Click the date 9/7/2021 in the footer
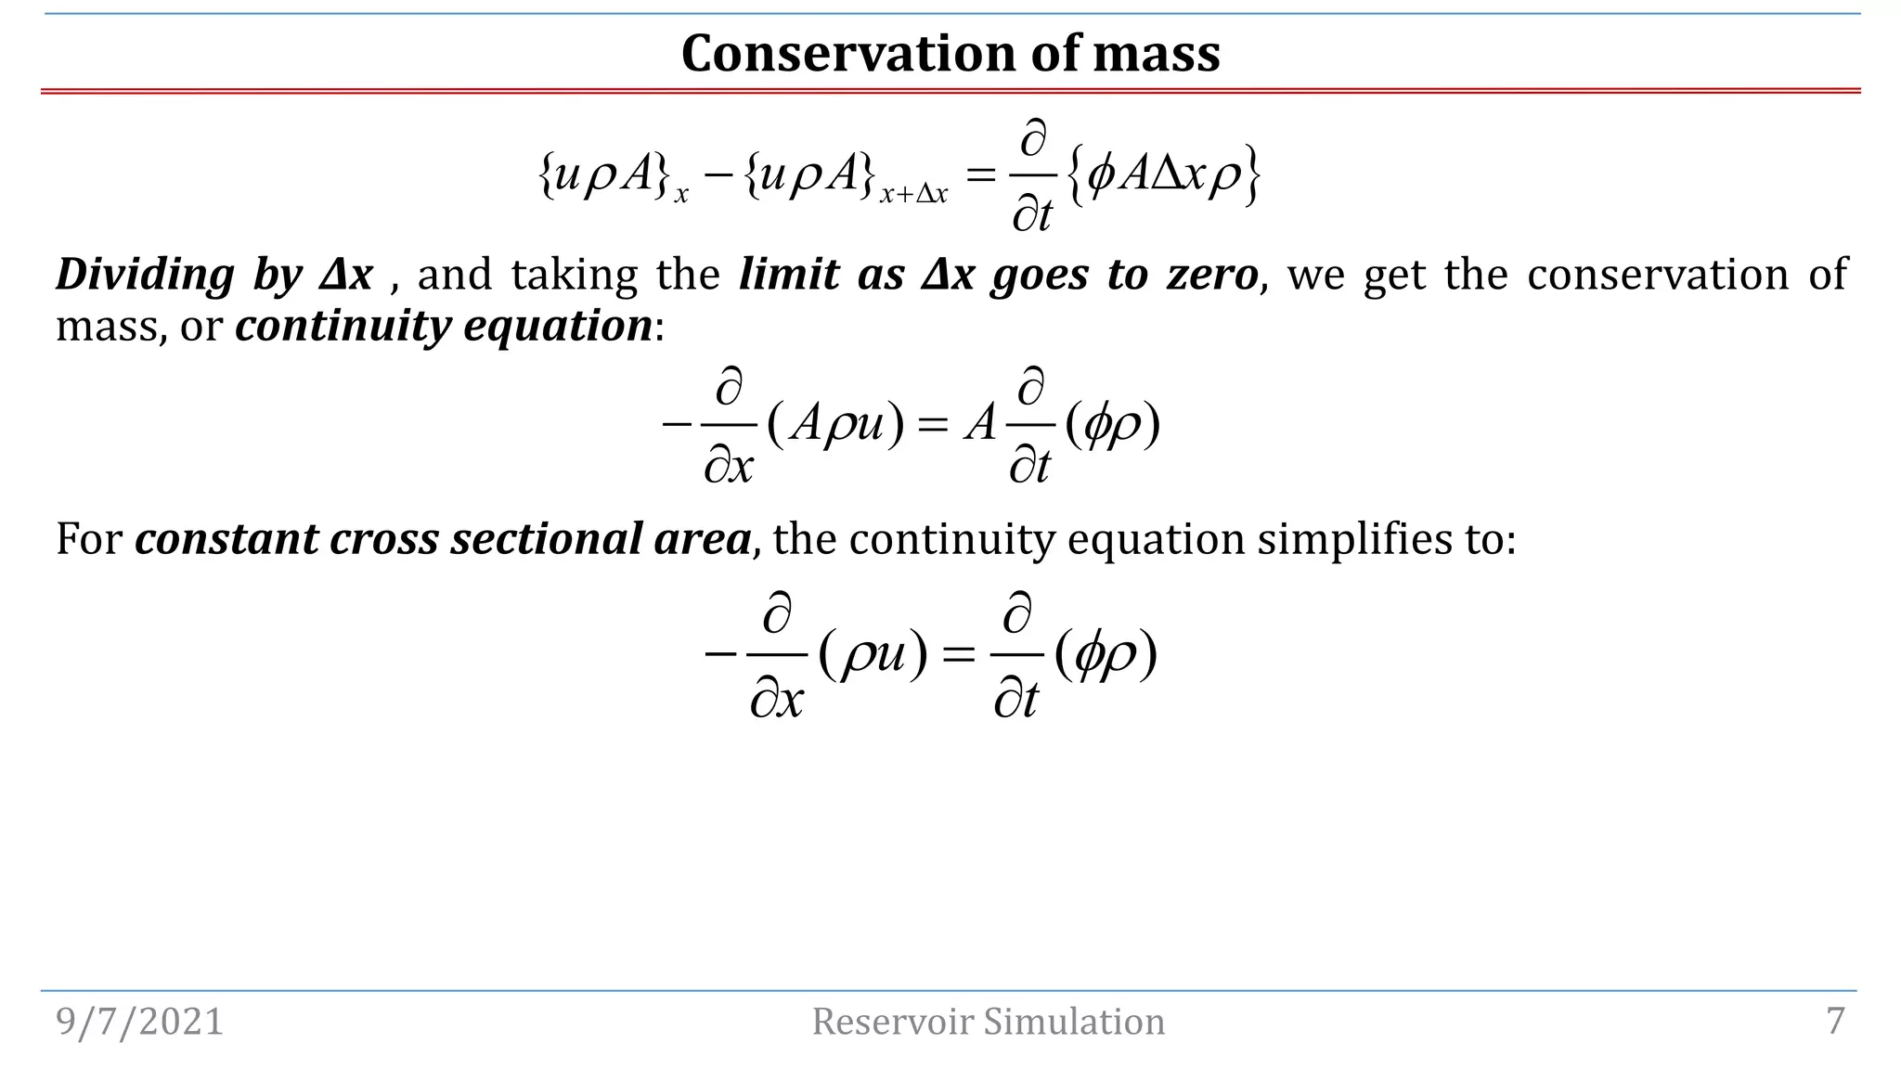tap(140, 1022)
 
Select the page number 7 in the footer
tap(1835, 1021)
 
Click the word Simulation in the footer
tap(1074, 1022)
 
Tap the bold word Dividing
tap(145, 275)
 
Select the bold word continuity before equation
tap(343, 326)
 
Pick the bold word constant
tap(226, 538)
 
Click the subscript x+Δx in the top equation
tap(913, 195)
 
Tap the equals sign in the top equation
tap(980, 174)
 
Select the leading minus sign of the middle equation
tap(677, 425)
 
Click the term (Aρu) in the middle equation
tap(835, 425)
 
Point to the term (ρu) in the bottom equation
tap(873, 655)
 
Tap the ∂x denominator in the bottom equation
tap(776, 699)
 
